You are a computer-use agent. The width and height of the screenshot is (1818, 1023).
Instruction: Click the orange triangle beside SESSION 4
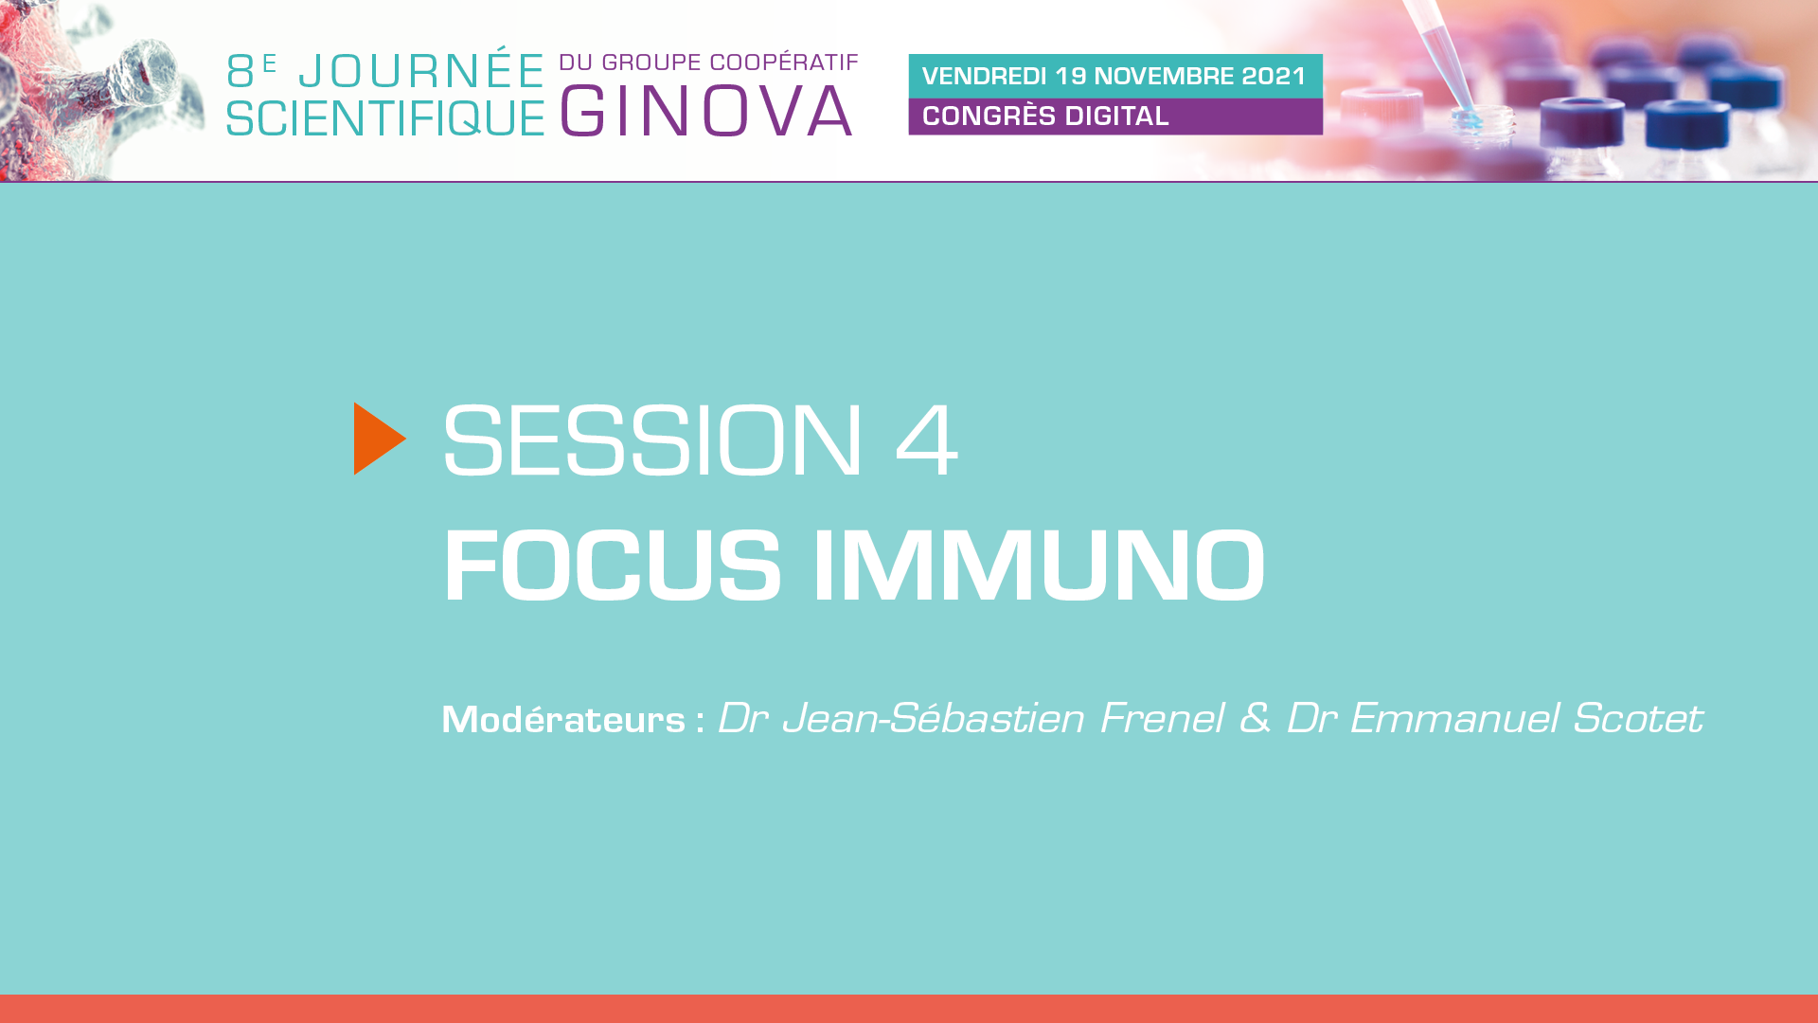point(379,439)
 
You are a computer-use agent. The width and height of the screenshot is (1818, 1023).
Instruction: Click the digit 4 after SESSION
point(927,440)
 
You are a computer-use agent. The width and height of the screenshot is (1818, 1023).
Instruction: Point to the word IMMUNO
point(1039,565)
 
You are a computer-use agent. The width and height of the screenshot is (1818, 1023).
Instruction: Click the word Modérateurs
point(563,720)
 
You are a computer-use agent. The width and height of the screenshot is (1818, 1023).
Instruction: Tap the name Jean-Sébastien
point(934,718)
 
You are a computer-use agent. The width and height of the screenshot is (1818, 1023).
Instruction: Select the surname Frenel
point(1162,718)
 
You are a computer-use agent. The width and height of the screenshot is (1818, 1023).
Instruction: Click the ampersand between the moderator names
point(1255,718)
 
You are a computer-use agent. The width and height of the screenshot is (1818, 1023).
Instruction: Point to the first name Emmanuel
point(1454,718)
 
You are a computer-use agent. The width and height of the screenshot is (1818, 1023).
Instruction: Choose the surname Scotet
point(1638,718)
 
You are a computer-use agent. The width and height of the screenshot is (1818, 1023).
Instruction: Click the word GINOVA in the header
point(706,111)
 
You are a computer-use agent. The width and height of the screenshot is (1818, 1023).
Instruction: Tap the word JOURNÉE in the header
point(421,71)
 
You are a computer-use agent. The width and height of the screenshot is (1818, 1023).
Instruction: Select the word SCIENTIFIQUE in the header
point(385,118)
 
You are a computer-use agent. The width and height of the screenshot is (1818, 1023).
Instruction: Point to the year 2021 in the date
point(1274,76)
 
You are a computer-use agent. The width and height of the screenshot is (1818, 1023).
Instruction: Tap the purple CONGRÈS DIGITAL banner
point(1115,117)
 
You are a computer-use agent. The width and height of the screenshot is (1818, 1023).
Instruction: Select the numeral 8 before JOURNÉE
point(241,72)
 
